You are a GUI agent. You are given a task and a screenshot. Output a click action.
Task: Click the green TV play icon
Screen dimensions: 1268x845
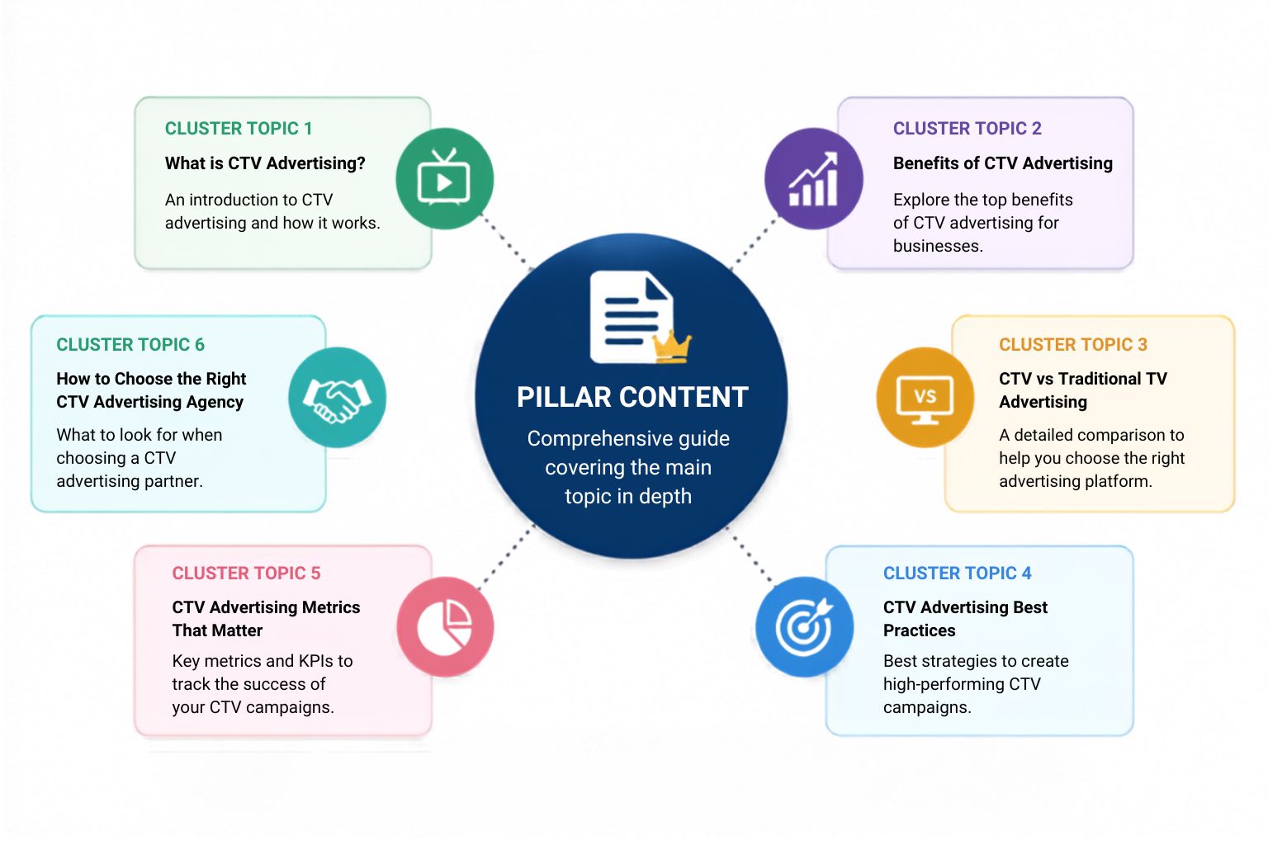[444, 178]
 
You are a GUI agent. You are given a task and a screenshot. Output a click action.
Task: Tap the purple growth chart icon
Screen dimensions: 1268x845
[813, 178]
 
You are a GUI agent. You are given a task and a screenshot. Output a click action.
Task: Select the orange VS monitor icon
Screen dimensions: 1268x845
[925, 397]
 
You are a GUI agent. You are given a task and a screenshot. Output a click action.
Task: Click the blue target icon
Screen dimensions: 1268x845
[804, 626]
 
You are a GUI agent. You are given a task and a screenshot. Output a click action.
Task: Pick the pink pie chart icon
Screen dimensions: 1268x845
[445, 626]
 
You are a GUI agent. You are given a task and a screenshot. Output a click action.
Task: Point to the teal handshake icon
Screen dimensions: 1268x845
[338, 397]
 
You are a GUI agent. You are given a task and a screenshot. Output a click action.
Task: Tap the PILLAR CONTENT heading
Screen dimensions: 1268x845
[632, 397]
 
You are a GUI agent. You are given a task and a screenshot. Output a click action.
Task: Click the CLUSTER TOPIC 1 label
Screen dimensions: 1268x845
[239, 129]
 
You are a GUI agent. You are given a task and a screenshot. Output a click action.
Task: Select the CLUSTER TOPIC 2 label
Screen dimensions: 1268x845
[967, 129]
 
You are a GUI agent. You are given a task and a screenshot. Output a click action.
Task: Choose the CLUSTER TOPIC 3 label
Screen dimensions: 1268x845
[1072, 345]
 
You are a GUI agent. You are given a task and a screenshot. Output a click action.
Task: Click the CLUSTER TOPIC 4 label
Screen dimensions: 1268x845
[958, 574]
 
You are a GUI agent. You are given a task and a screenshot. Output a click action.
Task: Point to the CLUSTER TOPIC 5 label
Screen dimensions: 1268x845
[246, 574]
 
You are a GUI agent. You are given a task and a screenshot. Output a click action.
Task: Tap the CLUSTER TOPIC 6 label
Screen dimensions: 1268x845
[130, 345]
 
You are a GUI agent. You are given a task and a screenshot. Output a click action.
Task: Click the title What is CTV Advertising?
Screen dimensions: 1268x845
[265, 163]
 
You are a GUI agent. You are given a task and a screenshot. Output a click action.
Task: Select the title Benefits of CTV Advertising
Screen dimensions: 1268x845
[1002, 163]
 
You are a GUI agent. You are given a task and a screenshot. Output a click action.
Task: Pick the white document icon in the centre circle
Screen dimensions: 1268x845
[632, 317]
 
